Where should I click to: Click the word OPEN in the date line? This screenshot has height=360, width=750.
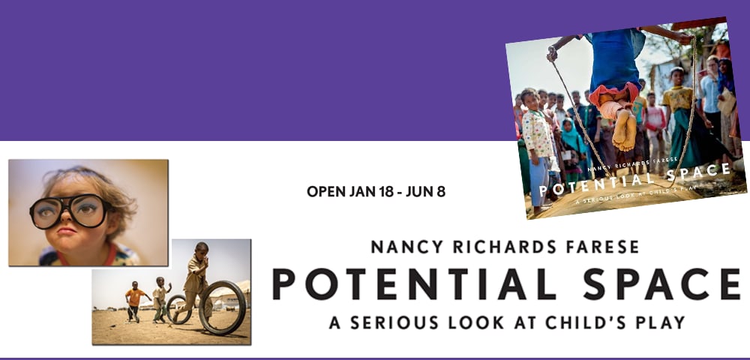326,191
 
